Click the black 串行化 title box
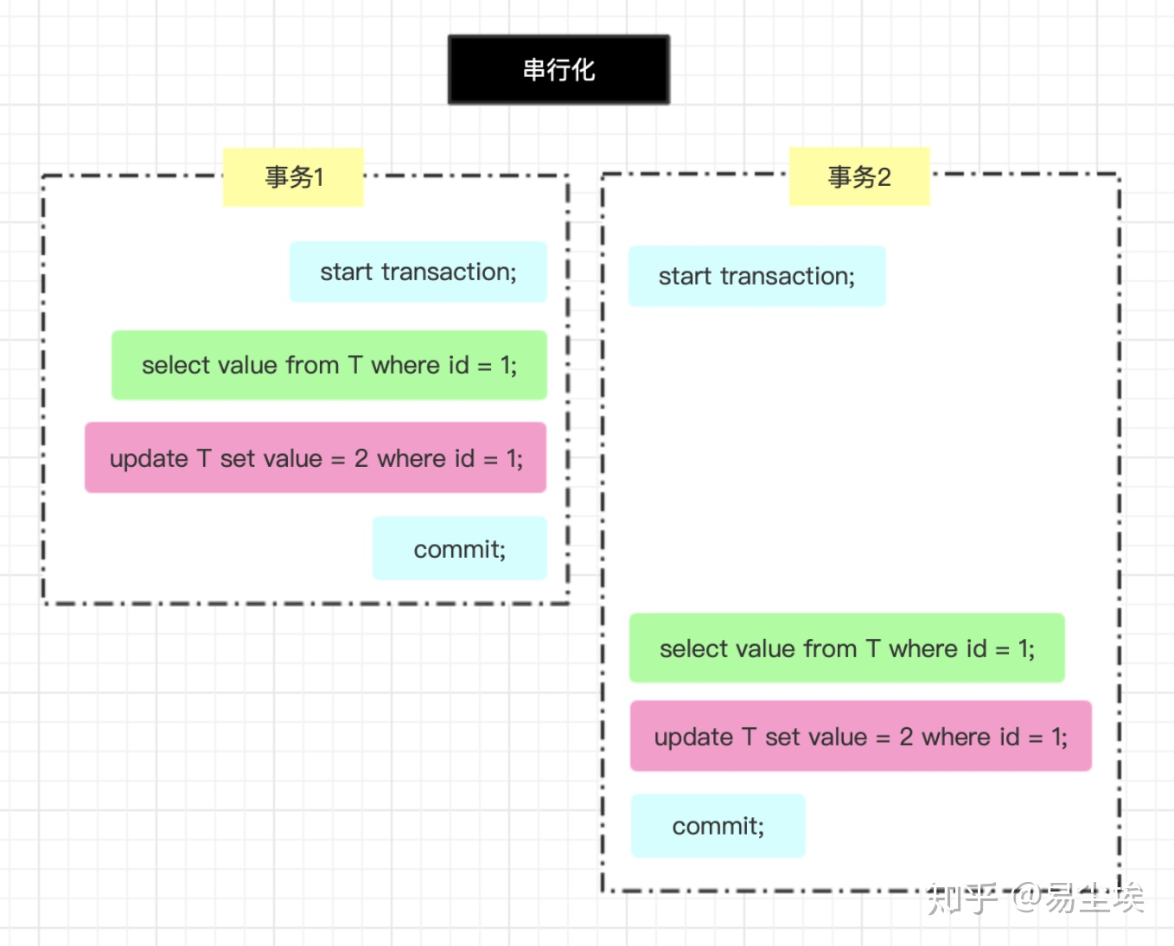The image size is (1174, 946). pos(558,70)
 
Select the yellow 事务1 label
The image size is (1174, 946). pos(293,177)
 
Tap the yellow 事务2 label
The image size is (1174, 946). pos(858,177)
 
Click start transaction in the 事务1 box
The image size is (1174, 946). pos(418,272)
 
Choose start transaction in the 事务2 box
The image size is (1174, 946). pos(756,277)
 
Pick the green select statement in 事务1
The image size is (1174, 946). pos(329,365)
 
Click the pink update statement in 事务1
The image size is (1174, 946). pos(316,458)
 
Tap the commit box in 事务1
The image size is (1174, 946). pos(459,549)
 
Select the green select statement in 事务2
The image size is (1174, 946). pos(846,649)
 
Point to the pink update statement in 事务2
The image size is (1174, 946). pos(860,737)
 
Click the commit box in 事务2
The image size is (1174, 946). pos(718,827)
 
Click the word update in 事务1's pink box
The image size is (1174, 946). pos(149,459)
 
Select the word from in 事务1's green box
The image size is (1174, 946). pos(312,365)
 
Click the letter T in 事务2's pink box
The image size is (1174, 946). pos(749,737)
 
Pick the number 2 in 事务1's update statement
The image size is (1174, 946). pos(361,458)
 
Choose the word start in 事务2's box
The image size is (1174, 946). pos(685,277)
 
